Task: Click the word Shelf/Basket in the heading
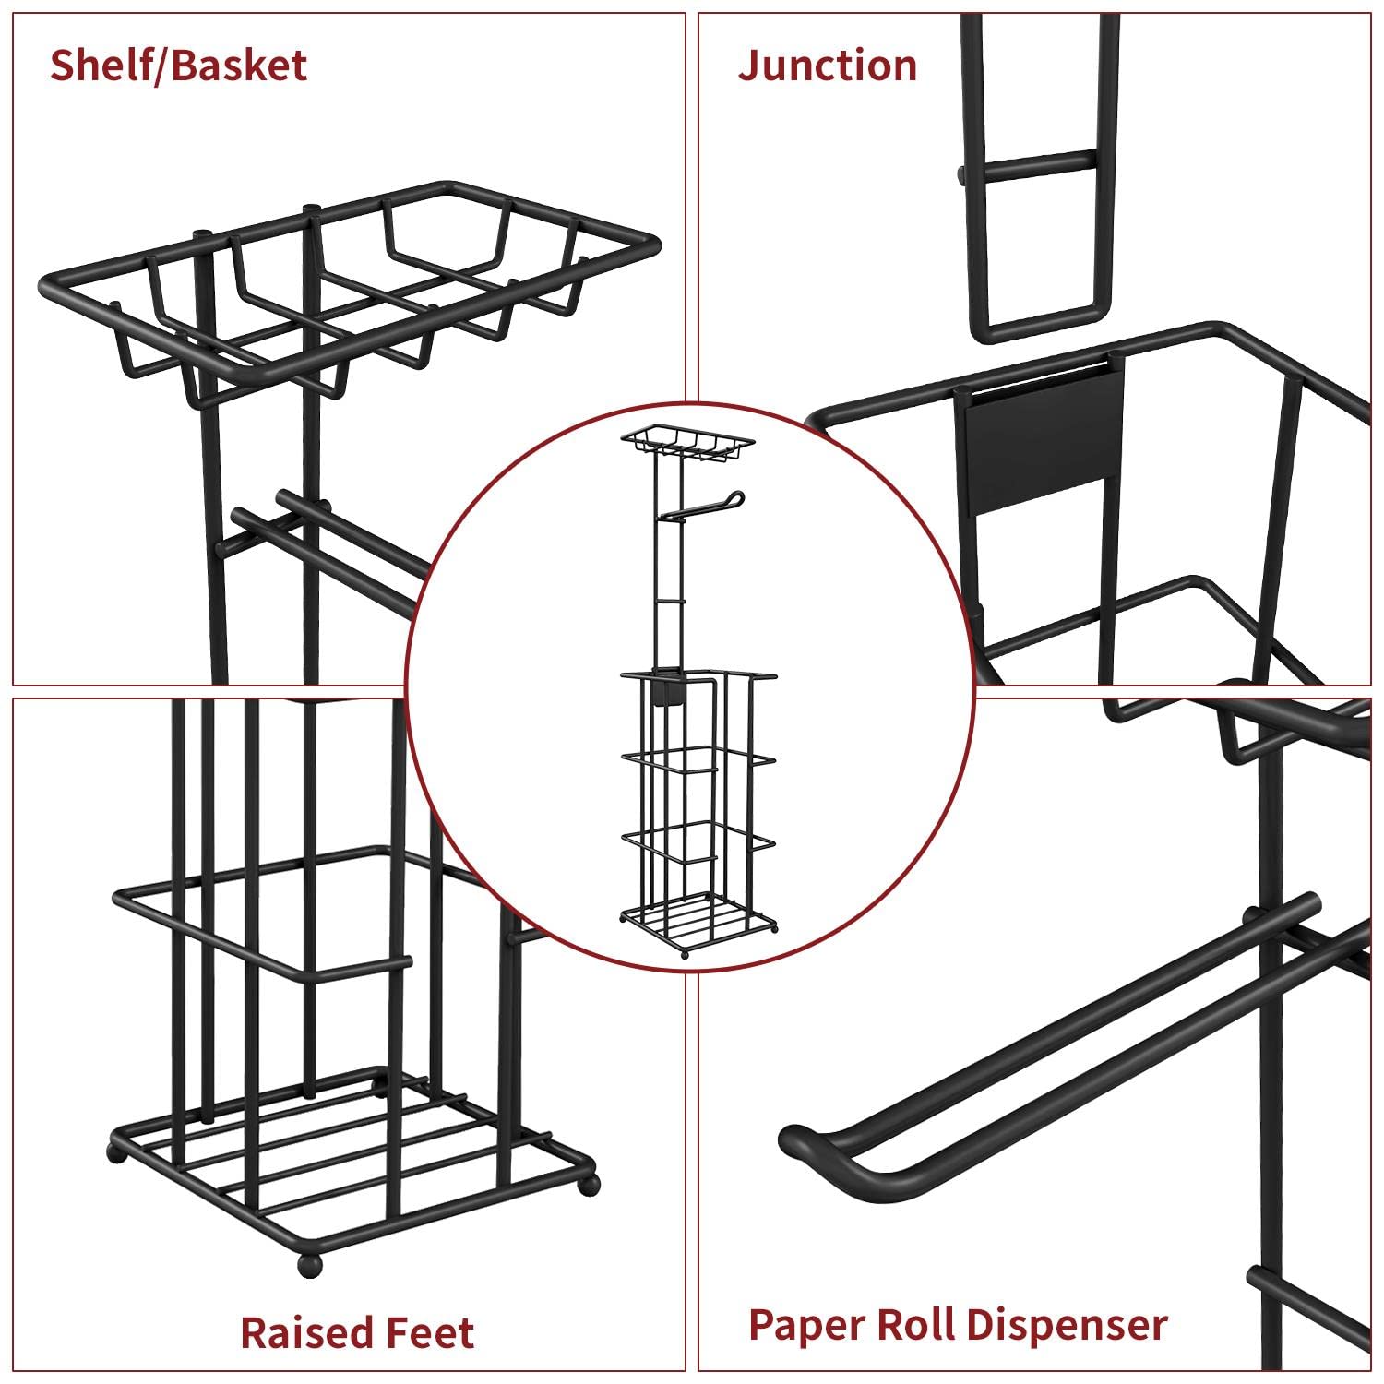178,66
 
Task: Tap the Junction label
828,66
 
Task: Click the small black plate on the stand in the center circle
660,691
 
